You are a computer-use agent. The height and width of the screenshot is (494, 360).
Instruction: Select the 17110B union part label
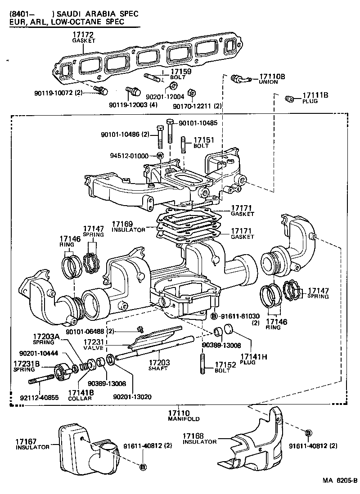(x=272, y=77)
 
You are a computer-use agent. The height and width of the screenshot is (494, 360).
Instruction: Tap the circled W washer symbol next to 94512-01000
(x=159, y=156)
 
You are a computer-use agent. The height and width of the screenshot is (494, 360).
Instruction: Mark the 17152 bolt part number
(x=225, y=365)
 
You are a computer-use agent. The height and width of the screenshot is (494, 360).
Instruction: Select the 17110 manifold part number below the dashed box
(x=179, y=413)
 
